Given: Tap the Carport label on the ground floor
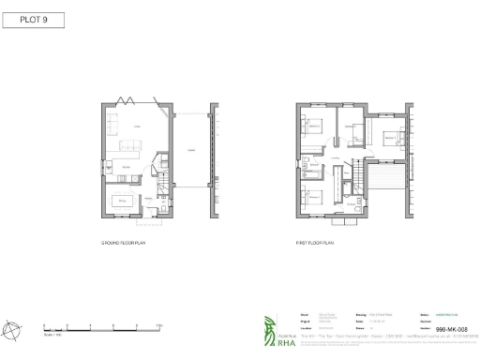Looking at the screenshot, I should coord(190,150).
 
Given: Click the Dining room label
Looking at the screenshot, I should coord(122,197).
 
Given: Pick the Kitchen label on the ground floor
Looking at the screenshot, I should coord(125,170).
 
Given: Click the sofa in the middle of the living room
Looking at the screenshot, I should coord(129,147).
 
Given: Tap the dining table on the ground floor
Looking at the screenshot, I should coord(122,204).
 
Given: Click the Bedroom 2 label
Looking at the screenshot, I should coord(390,137).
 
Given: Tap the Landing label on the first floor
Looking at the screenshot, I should coord(344,160).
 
